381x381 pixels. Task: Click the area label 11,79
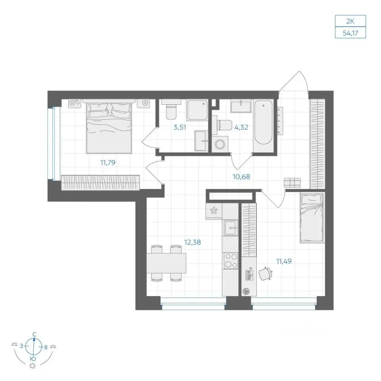(108, 162)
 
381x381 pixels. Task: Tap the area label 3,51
(180, 127)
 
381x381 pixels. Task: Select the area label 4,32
(241, 127)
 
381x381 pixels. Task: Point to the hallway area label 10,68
(241, 176)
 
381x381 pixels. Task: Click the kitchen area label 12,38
(192, 242)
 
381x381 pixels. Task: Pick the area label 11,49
(284, 261)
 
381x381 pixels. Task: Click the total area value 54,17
(350, 33)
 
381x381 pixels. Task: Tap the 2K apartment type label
(350, 21)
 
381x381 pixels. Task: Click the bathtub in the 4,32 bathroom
(264, 125)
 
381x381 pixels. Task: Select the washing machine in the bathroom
(220, 144)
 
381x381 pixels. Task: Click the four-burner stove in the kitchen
(231, 261)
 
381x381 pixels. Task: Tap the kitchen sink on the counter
(231, 228)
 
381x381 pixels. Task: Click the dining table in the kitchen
(166, 263)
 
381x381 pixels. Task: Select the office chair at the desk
(265, 273)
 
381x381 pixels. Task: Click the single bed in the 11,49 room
(312, 218)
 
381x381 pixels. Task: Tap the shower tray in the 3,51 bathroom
(197, 110)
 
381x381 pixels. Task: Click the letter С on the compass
(35, 334)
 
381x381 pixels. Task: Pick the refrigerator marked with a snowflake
(214, 211)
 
